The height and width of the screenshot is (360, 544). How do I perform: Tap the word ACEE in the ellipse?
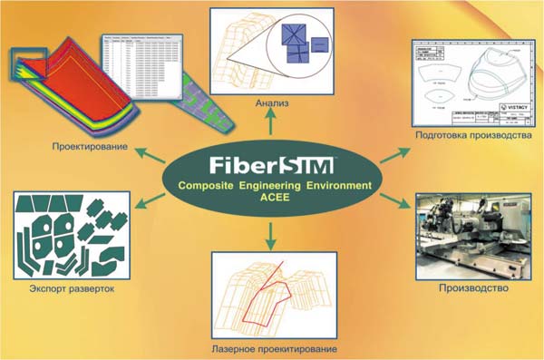[271, 200]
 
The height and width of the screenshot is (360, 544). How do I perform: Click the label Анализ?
[271, 103]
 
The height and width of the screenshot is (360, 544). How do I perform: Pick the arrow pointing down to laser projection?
[271, 238]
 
